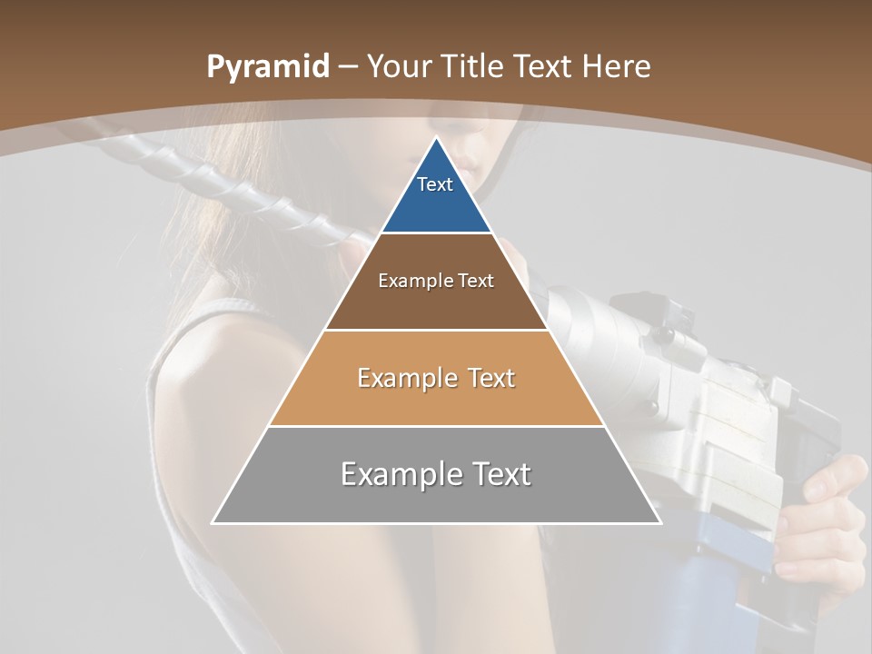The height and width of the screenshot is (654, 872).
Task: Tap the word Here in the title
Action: (x=617, y=67)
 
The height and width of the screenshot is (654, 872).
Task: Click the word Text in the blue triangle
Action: (x=435, y=184)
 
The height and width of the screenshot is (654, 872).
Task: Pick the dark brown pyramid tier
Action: (x=436, y=304)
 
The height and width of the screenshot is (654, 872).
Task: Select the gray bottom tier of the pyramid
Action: (x=436, y=500)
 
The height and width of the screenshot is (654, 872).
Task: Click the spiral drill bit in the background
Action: (x=227, y=182)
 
